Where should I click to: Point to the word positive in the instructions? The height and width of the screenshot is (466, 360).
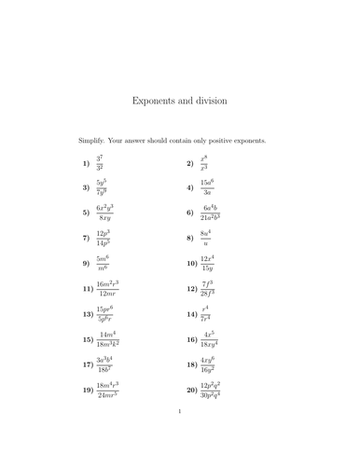pos(225,141)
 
